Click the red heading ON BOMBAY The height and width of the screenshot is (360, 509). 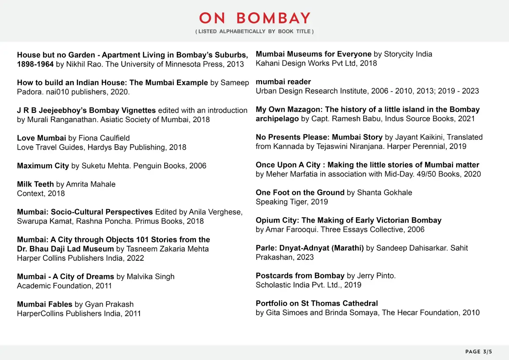tap(255, 18)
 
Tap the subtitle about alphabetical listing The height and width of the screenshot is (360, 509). tap(255, 32)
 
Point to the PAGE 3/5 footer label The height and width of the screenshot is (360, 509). tap(478, 352)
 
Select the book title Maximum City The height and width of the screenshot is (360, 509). tap(43, 166)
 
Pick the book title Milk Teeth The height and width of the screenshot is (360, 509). tap(35, 184)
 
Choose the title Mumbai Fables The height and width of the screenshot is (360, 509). tap(45, 304)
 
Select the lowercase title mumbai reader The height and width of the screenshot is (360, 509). tap(283, 82)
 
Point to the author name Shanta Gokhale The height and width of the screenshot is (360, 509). tap(385, 193)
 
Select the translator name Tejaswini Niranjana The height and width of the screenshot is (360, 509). tap(314, 146)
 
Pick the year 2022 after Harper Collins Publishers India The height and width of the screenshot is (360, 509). tap(135, 258)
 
